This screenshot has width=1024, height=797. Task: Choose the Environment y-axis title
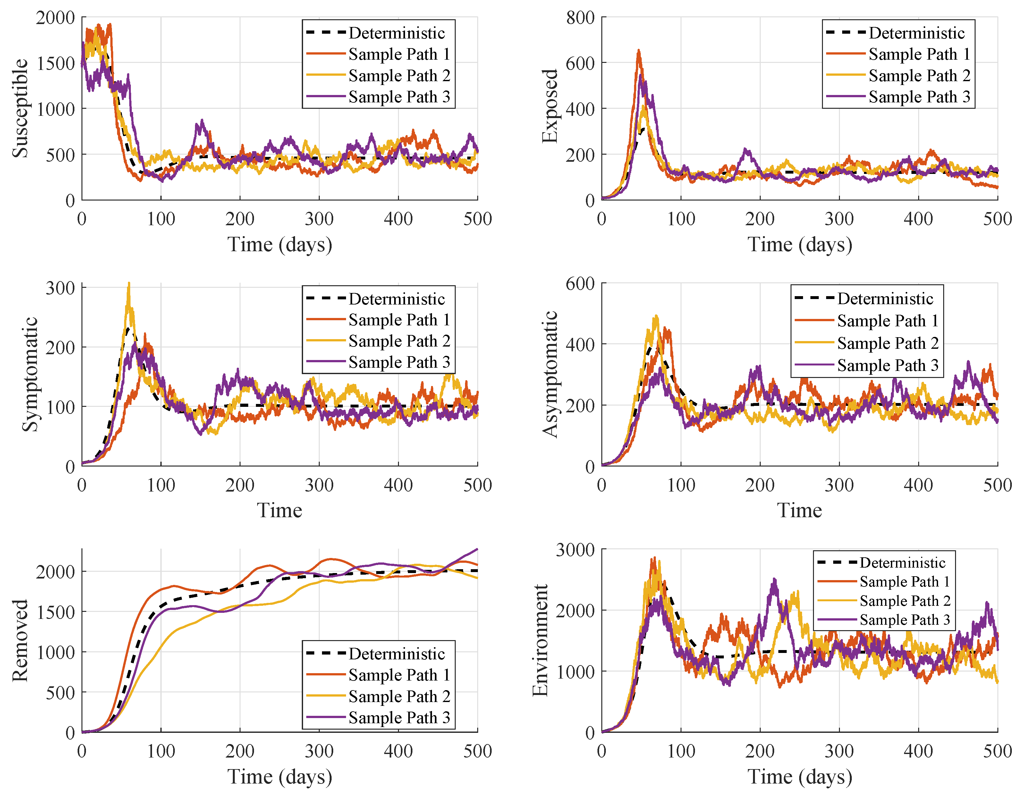click(x=540, y=640)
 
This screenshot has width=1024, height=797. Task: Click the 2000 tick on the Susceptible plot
click(x=55, y=18)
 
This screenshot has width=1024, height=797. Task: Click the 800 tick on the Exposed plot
click(x=580, y=18)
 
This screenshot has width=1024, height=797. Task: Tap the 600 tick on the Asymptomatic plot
click(x=580, y=283)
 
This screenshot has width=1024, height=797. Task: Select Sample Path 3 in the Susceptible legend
click(x=399, y=97)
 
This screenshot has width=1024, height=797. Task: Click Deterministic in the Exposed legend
click(x=917, y=33)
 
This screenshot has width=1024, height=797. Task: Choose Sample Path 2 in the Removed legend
click(x=399, y=696)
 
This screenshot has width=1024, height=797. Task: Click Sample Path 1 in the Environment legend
click(x=904, y=582)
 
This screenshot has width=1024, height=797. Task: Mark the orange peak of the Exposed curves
click(x=639, y=51)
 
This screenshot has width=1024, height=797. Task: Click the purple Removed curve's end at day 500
click(x=477, y=549)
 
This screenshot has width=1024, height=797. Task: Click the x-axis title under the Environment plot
click(x=800, y=776)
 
